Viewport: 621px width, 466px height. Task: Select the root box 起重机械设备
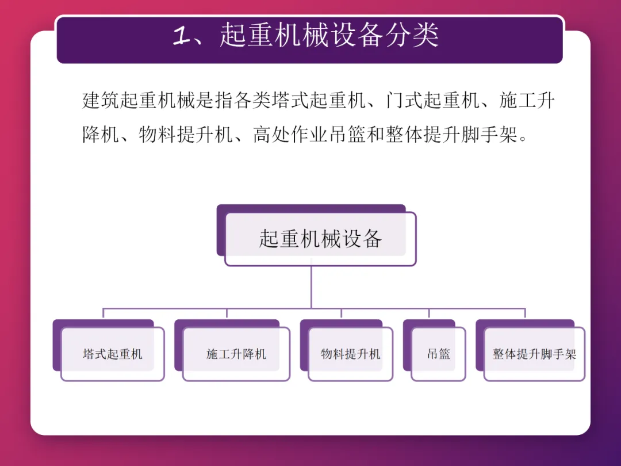click(320, 239)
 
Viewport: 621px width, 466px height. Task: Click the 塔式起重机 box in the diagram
click(112, 354)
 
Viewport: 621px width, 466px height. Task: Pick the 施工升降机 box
click(236, 354)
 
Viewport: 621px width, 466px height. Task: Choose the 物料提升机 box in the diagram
click(351, 354)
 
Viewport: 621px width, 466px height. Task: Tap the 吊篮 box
click(438, 354)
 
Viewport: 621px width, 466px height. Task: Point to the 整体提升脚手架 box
click(534, 354)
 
